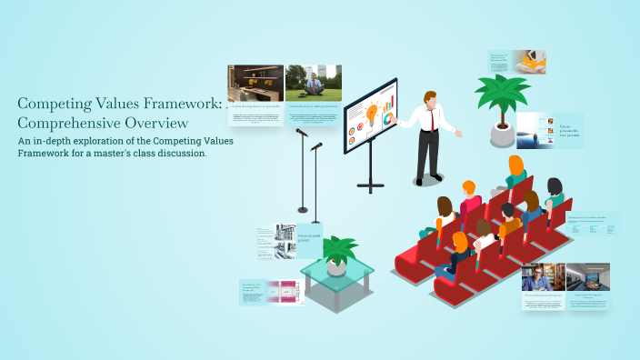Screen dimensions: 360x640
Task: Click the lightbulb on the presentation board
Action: click(x=371, y=114)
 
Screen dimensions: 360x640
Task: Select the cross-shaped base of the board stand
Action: click(x=370, y=185)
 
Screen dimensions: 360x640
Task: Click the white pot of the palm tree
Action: click(x=502, y=135)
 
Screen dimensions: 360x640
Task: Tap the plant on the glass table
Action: click(x=337, y=252)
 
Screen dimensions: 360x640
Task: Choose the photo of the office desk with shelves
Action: click(x=255, y=83)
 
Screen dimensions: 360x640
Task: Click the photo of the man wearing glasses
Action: click(x=544, y=276)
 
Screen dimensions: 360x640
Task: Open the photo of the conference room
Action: click(x=587, y=276)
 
